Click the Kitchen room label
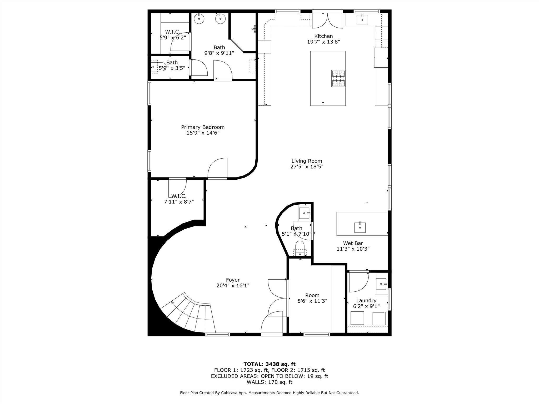tap(323, 36)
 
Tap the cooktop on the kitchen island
tap(338, 78)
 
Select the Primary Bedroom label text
tap(203, 127)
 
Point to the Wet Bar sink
tap(360, 227)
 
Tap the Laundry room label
tap(366, 300)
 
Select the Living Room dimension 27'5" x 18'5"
tap(307, 166)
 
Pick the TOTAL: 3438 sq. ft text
tap(269, 364)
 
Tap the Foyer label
tap(233, 280)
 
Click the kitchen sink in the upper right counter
tap(362, 20)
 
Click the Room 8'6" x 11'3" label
tap(312, 298)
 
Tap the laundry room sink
tap(381, 284)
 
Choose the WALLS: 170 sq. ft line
tap(269, 382)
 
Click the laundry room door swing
tap(358, 283)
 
